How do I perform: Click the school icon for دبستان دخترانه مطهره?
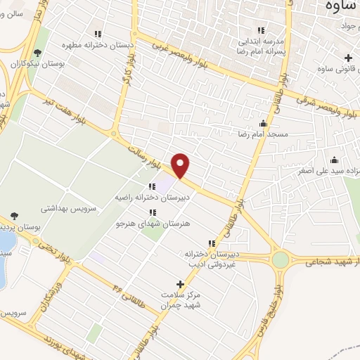[x=98, y=34]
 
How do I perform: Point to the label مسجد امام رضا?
[x=264, y=133]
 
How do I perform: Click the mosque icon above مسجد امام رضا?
[x=264, y=122]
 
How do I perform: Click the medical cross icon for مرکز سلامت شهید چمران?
[x=180, y=285]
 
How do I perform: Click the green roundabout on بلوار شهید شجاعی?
[x=281, y=259]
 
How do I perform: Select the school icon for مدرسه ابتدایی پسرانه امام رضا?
[x=261, y=30]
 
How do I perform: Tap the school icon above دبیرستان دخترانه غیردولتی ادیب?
[x=212, y=243]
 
